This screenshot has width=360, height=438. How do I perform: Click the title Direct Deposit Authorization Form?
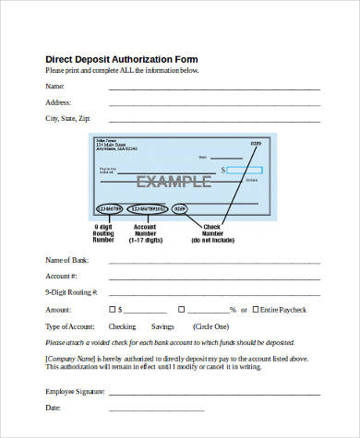tap(122, 58)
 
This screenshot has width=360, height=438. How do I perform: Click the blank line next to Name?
tap(214, 89)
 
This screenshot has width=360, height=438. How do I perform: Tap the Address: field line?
tap(214, 103)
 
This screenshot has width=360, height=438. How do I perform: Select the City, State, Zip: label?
tap(68, 119)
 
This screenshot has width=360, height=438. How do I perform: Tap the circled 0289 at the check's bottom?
tap(180, 209)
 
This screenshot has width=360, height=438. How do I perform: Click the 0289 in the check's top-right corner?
tap(256, 143)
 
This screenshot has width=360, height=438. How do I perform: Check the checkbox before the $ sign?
tap(114, 310)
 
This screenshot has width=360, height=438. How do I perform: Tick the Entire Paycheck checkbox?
tap(255, 310)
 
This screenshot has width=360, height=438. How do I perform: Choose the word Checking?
tap(122, 326)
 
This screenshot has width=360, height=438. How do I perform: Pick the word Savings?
tap(162, 326)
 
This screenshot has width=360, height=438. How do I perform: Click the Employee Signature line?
tap(214, 392)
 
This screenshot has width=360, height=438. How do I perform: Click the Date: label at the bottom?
tap(54, 407)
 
